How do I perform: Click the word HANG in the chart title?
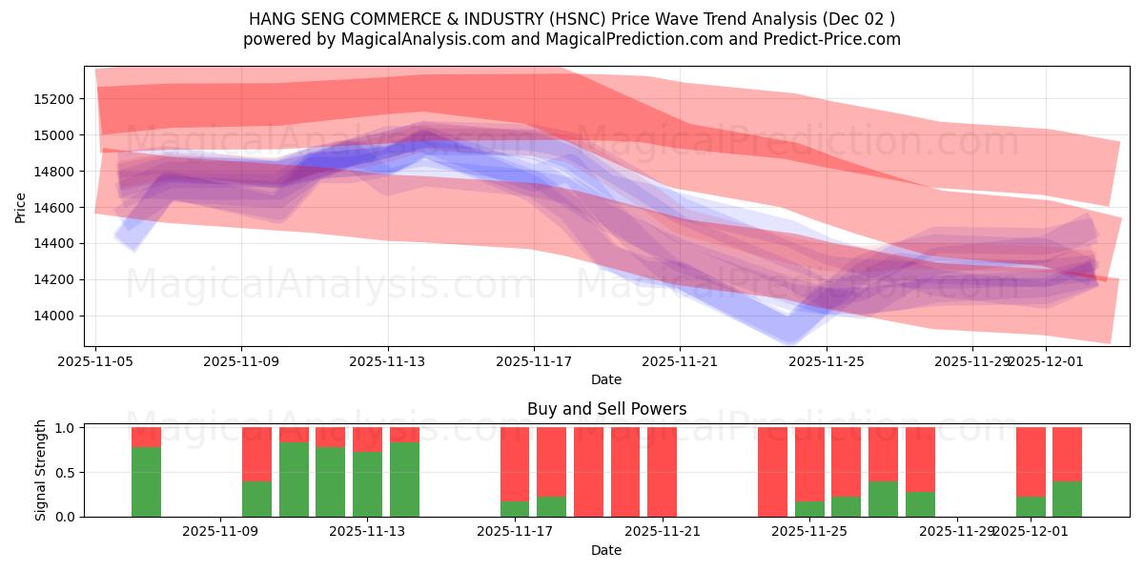[272, 19]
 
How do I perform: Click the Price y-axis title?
[21, 207]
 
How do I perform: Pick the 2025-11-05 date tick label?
[96, 362]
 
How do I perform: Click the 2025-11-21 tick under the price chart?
[680, 362]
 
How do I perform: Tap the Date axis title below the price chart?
[606, 379]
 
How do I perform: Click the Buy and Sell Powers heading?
[606, 409]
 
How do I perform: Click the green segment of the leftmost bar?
[146, 481]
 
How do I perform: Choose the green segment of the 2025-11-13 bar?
[367, 484]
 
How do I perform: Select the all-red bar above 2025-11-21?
[662, 472]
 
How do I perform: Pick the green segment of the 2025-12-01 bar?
[1031, 507]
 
